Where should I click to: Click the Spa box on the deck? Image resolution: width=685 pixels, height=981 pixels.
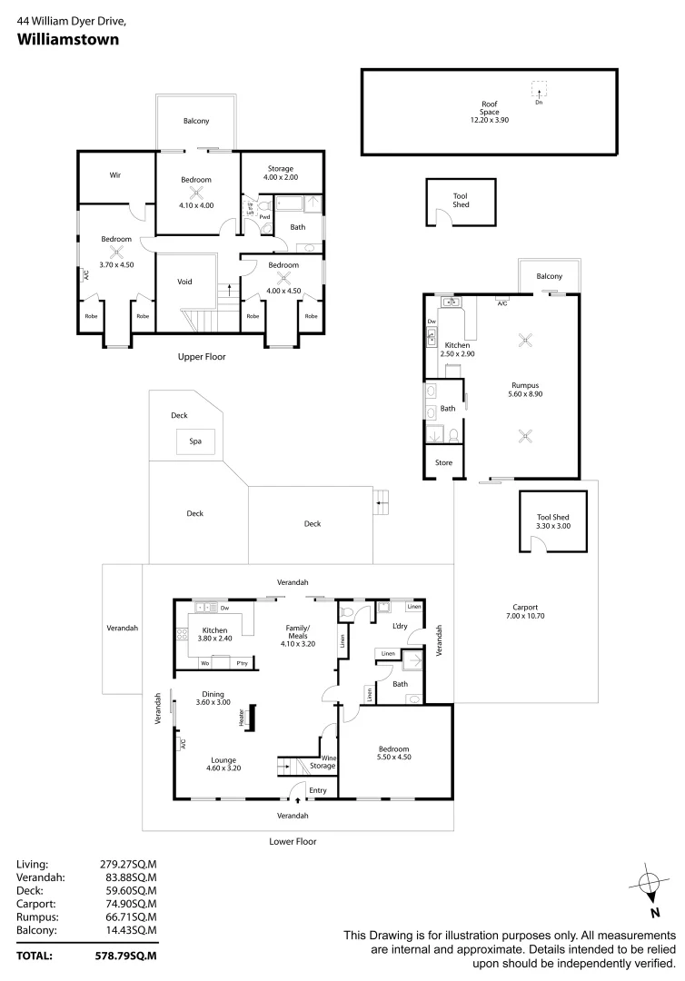point(194,441)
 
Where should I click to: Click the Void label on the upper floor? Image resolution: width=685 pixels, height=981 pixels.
point(184,282)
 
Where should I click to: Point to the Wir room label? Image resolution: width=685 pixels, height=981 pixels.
point(115,174)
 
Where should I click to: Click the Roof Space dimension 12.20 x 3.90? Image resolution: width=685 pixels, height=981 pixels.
point(490,120)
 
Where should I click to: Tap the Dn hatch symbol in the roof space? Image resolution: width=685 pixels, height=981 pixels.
point(538,90)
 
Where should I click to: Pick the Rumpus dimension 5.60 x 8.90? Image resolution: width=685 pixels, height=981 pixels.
point(523,394)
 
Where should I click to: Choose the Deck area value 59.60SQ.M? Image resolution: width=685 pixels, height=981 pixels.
point(128,891)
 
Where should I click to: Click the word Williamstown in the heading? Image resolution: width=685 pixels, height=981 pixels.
point(69,39)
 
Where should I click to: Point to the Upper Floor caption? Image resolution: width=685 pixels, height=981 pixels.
point(202,357)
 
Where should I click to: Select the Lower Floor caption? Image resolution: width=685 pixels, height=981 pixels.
point(293,841)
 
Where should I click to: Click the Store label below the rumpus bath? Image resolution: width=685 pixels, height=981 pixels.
point(443,462)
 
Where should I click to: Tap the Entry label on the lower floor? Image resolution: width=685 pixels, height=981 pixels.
point(317,790)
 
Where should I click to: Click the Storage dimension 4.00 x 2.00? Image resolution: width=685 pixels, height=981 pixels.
point(281,178)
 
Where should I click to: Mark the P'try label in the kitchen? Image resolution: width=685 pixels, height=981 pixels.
point(243,663)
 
